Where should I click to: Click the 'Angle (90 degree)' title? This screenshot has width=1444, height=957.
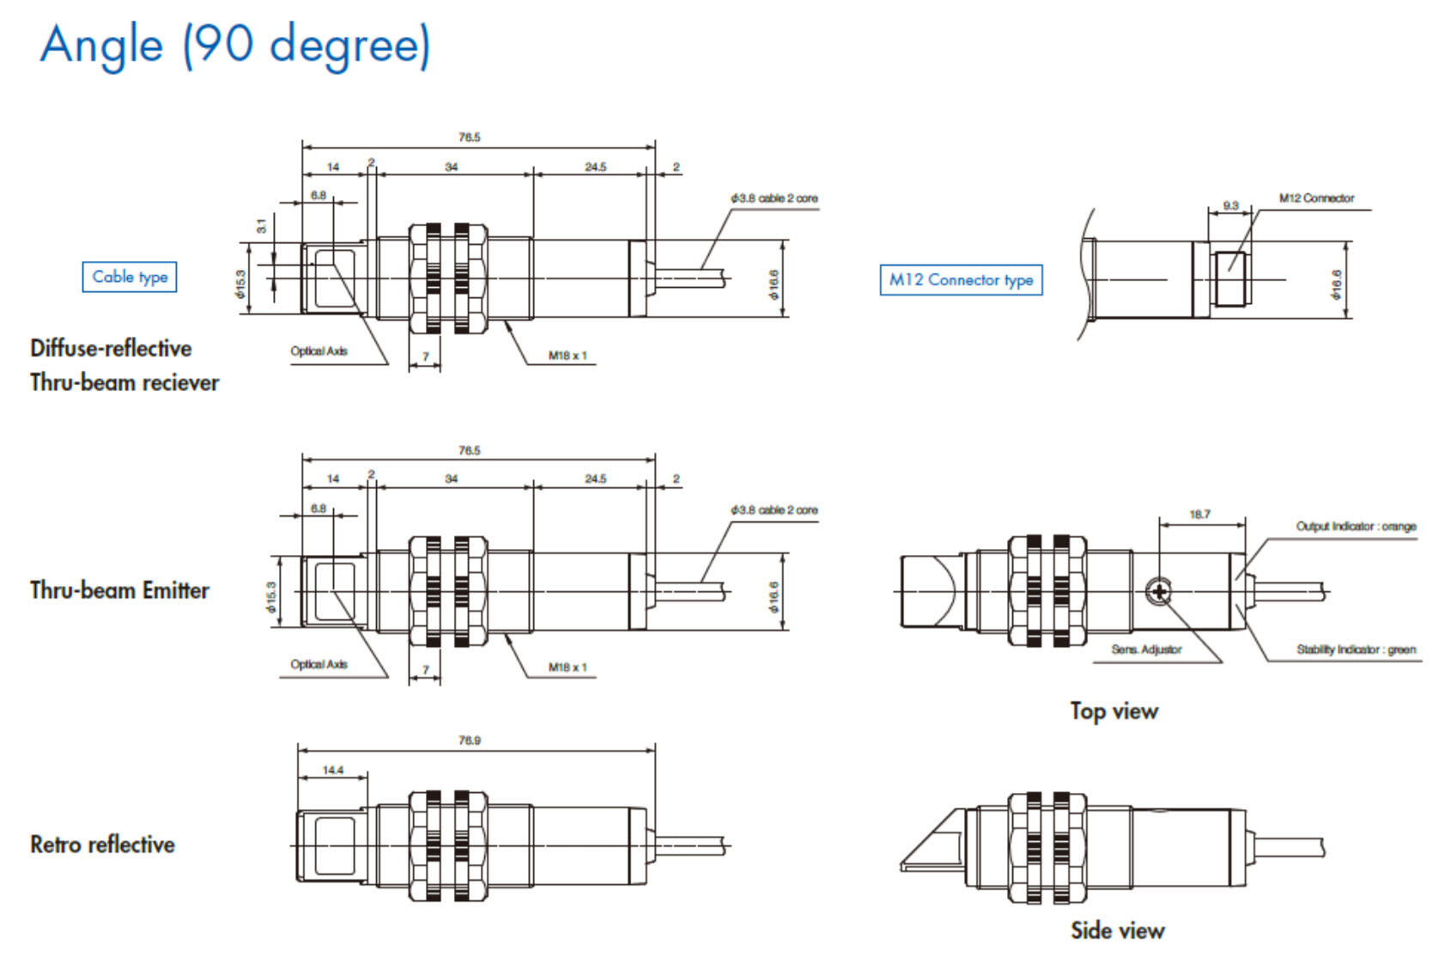(x=234, y=46)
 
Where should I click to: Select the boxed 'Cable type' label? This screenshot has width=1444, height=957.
(x=130, y=277)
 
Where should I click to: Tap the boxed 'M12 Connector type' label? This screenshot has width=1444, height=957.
(x=961, y=280)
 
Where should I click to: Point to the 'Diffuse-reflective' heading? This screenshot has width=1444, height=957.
(x=111, y=348)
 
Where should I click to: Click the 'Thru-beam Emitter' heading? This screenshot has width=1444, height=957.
(x=119, y=590)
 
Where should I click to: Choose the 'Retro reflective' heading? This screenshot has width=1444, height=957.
(x=102, y=844)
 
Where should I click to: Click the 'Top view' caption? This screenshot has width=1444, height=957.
(x=1113, y=711)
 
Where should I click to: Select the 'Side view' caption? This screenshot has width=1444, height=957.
(x=1117, y=930)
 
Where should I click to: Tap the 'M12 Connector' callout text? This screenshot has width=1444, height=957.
(x=1316, y=198)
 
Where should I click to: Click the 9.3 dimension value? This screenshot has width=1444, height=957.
(x=1230, y=205)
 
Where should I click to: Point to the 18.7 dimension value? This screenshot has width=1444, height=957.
(x=1199, y=515)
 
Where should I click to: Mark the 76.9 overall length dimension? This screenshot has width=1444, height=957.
(x=469, y=741)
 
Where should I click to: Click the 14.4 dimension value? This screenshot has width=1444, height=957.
(x=332, y=770)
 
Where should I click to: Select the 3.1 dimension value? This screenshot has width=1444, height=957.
(x=262, y=226)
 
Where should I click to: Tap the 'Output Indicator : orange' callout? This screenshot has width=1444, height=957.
(x=1356, y=527)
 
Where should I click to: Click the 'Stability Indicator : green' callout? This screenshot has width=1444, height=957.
(x=1356, y=649)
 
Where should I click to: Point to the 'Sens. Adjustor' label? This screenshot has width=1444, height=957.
(x=1146, y=649)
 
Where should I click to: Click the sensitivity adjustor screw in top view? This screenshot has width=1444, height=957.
(x=1158, y=591)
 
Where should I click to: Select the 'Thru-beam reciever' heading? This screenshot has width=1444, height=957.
(x=124, y=382)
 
